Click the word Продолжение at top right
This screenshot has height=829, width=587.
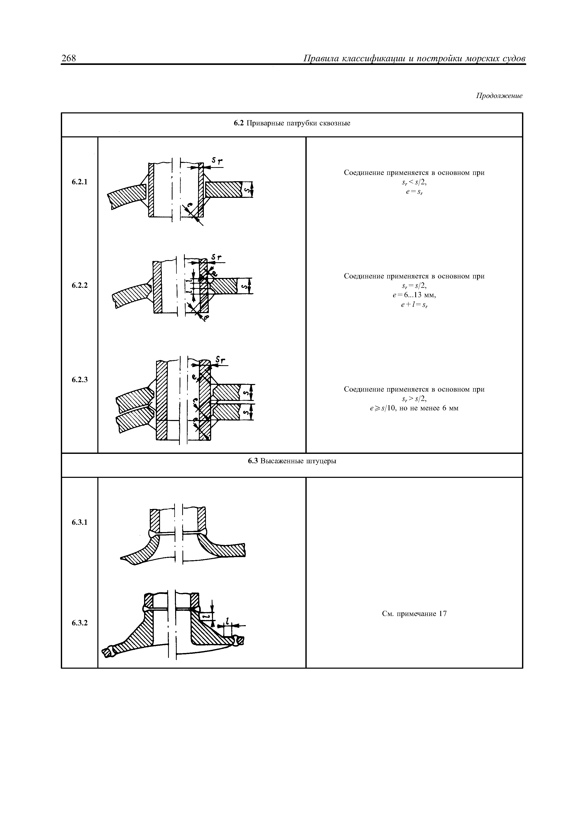pos(499,96)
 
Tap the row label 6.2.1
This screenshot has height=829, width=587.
pos(80,182)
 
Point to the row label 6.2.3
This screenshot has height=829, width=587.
pos(80,380)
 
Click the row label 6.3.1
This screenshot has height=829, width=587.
pos(80,522)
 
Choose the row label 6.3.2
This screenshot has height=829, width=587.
pos(80,623)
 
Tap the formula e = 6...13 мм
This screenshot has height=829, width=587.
pos(414,295)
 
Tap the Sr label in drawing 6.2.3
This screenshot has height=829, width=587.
pos(220,360)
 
